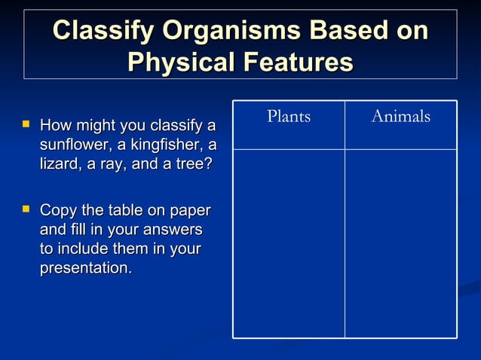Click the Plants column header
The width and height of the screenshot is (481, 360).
289,117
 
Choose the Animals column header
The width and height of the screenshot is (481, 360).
400,117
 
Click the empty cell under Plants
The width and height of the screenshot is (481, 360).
289,243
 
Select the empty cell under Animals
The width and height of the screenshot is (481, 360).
400,243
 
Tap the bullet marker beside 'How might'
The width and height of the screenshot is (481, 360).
27,122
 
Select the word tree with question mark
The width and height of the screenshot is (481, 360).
192,163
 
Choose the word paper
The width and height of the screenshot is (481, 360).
191,210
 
